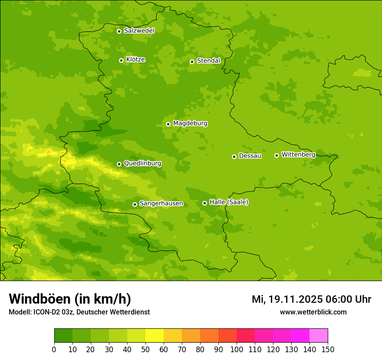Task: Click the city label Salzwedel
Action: click(x=139, y=31)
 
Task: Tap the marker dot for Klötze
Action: click(x=121, y=60)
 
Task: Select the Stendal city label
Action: click(x=208, y=61)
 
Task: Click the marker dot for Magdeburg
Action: click(x=168, y=124)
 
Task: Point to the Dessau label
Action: click(x=250, y=156)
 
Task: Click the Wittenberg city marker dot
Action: click(x=277, y=155)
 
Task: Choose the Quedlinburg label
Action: click(x=142, y=164)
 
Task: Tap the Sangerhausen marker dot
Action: click(x=135, y=204)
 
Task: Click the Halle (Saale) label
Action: click(x=229, y=202)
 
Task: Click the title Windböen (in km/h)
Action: click(x=70, y=299)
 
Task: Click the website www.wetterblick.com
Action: click(x=313, y=312)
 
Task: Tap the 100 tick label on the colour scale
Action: click(x=237, y=349)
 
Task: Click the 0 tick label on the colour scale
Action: click(x=54, y=349)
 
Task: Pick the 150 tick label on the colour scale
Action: click(x=328, y=349)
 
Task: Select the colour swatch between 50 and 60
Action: click(x=155, y=336)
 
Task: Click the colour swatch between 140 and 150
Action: click(x=319, y=336)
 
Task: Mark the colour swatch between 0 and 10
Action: click(x=63, y=336)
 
